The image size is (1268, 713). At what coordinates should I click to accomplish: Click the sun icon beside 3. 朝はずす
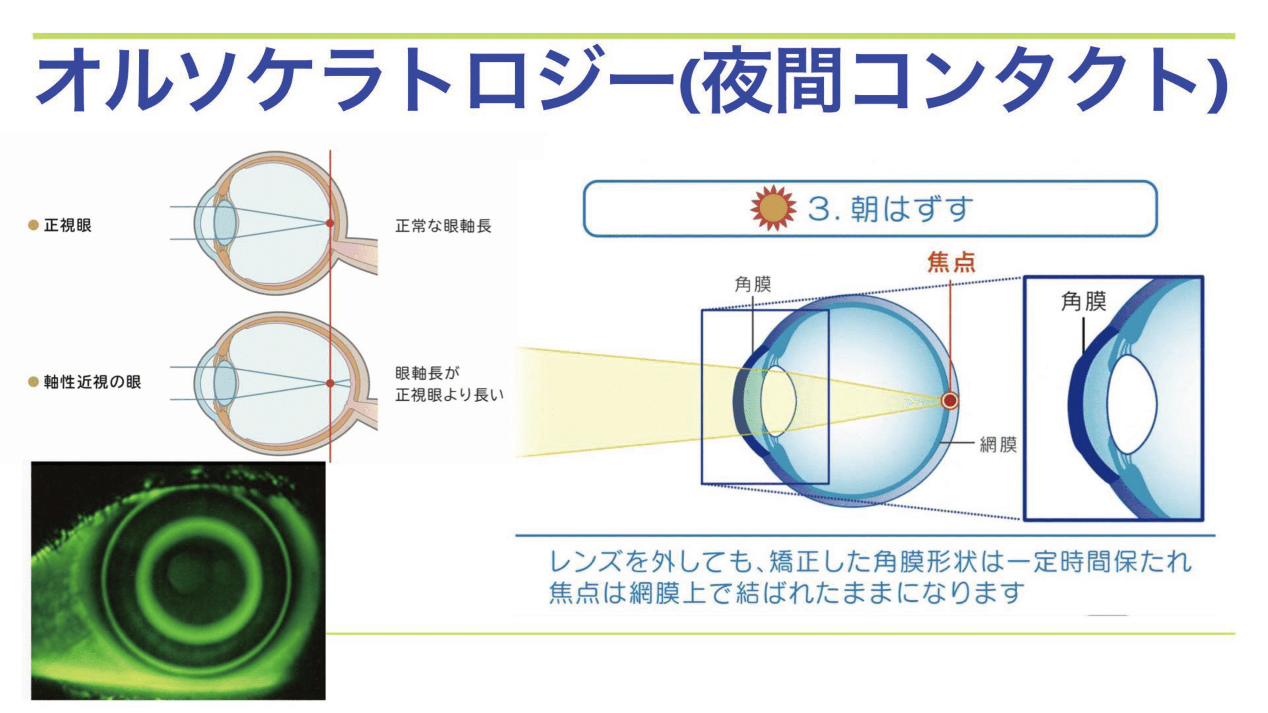tap(773, 208)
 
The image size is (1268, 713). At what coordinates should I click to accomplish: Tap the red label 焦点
tap(951, 262)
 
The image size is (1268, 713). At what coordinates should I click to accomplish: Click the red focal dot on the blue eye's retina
tap(949, 401)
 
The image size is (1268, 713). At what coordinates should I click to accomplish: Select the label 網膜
tap(998, 444)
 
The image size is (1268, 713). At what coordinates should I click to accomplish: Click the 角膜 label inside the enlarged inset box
tap(1083, 301)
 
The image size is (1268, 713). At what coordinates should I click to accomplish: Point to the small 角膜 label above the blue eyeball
tap(752, 284)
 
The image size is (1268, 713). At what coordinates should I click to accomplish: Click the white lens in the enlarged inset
tap(1131, 404)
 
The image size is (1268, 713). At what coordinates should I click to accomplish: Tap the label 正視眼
tap(68, 225)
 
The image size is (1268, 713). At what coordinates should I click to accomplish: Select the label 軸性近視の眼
tap(92, 382)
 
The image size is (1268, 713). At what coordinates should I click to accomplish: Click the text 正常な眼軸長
tap(443, 226)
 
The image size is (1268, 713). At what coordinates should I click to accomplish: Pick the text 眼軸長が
tap(427, 373)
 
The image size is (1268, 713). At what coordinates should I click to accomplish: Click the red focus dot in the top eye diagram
tap(330, 223)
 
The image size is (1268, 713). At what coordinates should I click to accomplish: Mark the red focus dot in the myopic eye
tap(330, 383)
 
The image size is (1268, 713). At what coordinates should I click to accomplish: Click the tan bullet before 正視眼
tap(33, 225)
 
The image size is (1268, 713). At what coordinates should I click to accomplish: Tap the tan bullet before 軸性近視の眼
tap(33, 382)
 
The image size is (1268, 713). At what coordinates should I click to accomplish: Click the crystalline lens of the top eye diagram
tap(225, 222)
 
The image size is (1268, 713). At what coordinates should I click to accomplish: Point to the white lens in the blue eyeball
tap(778, 401)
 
